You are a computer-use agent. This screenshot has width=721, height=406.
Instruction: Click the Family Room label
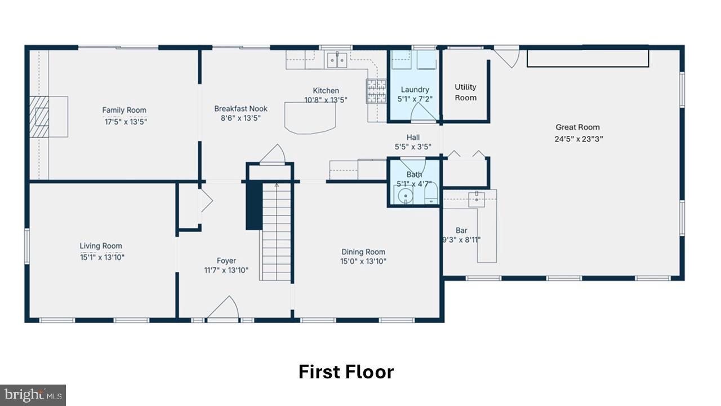[x=124, y=110]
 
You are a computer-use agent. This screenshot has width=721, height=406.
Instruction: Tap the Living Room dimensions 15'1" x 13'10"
[x=101, y=257]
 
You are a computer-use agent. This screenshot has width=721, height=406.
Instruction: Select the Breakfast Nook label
[x=241, y=109]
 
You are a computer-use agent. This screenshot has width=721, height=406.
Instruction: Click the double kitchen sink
[x=337, y=59]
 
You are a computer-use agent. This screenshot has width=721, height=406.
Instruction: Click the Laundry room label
[x=415, y=90]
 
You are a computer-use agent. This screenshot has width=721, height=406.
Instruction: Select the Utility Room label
[x=465, y=92]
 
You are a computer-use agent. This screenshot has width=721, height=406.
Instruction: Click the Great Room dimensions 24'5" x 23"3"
[x=577, y=139]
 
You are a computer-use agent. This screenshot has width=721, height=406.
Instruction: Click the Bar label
[x=461, y=231]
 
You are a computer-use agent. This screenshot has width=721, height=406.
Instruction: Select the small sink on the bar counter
[x=477, y=196]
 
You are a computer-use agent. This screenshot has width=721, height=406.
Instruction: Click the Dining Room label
[x=363, y=252]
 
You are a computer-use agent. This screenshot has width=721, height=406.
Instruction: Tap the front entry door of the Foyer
[x=223, y=310]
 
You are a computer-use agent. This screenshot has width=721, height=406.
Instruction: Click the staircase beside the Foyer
[x=276, y=231]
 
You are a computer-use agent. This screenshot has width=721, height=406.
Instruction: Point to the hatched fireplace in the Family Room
[x=40, y=117]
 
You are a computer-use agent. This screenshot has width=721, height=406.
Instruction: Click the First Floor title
[x=346, y=372]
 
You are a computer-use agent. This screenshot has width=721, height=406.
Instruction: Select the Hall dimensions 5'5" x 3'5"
[x=413, y=147]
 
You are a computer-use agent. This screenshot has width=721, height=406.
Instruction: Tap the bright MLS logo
[x=33, y=395]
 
